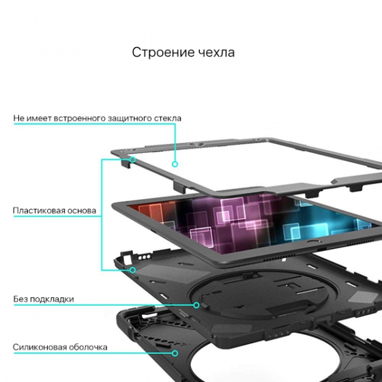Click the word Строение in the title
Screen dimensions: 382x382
tap(163, 52)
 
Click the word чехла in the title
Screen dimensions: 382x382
tap(217, 52)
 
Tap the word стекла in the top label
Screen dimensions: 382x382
tap(168, 119)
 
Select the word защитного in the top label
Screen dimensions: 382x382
tap(129, 119)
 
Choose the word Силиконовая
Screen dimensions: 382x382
tap(39, 347)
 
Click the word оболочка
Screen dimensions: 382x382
tap(88, 347)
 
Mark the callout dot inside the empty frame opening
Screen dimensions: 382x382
tap(175, 164)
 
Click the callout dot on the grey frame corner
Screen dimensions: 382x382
tap(133, 160)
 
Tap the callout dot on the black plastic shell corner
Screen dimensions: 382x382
tap(133, 270)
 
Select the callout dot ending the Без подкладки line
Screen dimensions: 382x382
tap(196, 305)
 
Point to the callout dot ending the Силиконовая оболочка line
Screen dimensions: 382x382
tap(175, 353)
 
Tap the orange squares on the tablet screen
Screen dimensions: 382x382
tap(150, 211)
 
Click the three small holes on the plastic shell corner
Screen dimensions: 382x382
tap(145, 257)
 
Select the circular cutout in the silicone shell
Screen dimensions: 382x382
tap(244, 358)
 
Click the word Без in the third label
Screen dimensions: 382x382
tap(20, 299)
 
